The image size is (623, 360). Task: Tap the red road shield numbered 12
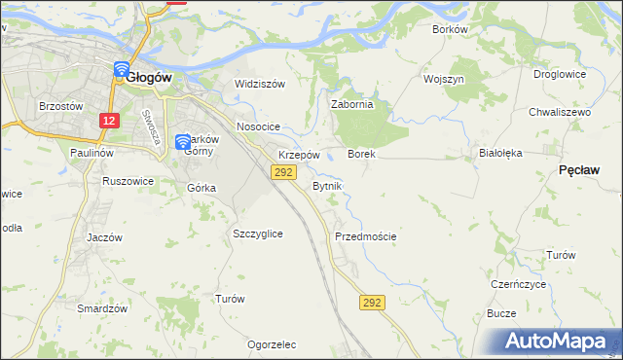109,121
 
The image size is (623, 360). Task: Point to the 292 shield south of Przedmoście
371,303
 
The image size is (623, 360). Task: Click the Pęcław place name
579,169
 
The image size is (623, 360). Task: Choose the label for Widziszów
260,84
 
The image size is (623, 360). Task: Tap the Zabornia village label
352,104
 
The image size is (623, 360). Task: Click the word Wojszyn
444,78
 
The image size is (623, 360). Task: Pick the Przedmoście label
365,236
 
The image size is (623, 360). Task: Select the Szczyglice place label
258,234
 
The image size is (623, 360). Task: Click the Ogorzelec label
272,344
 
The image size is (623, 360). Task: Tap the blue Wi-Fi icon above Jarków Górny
182,143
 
